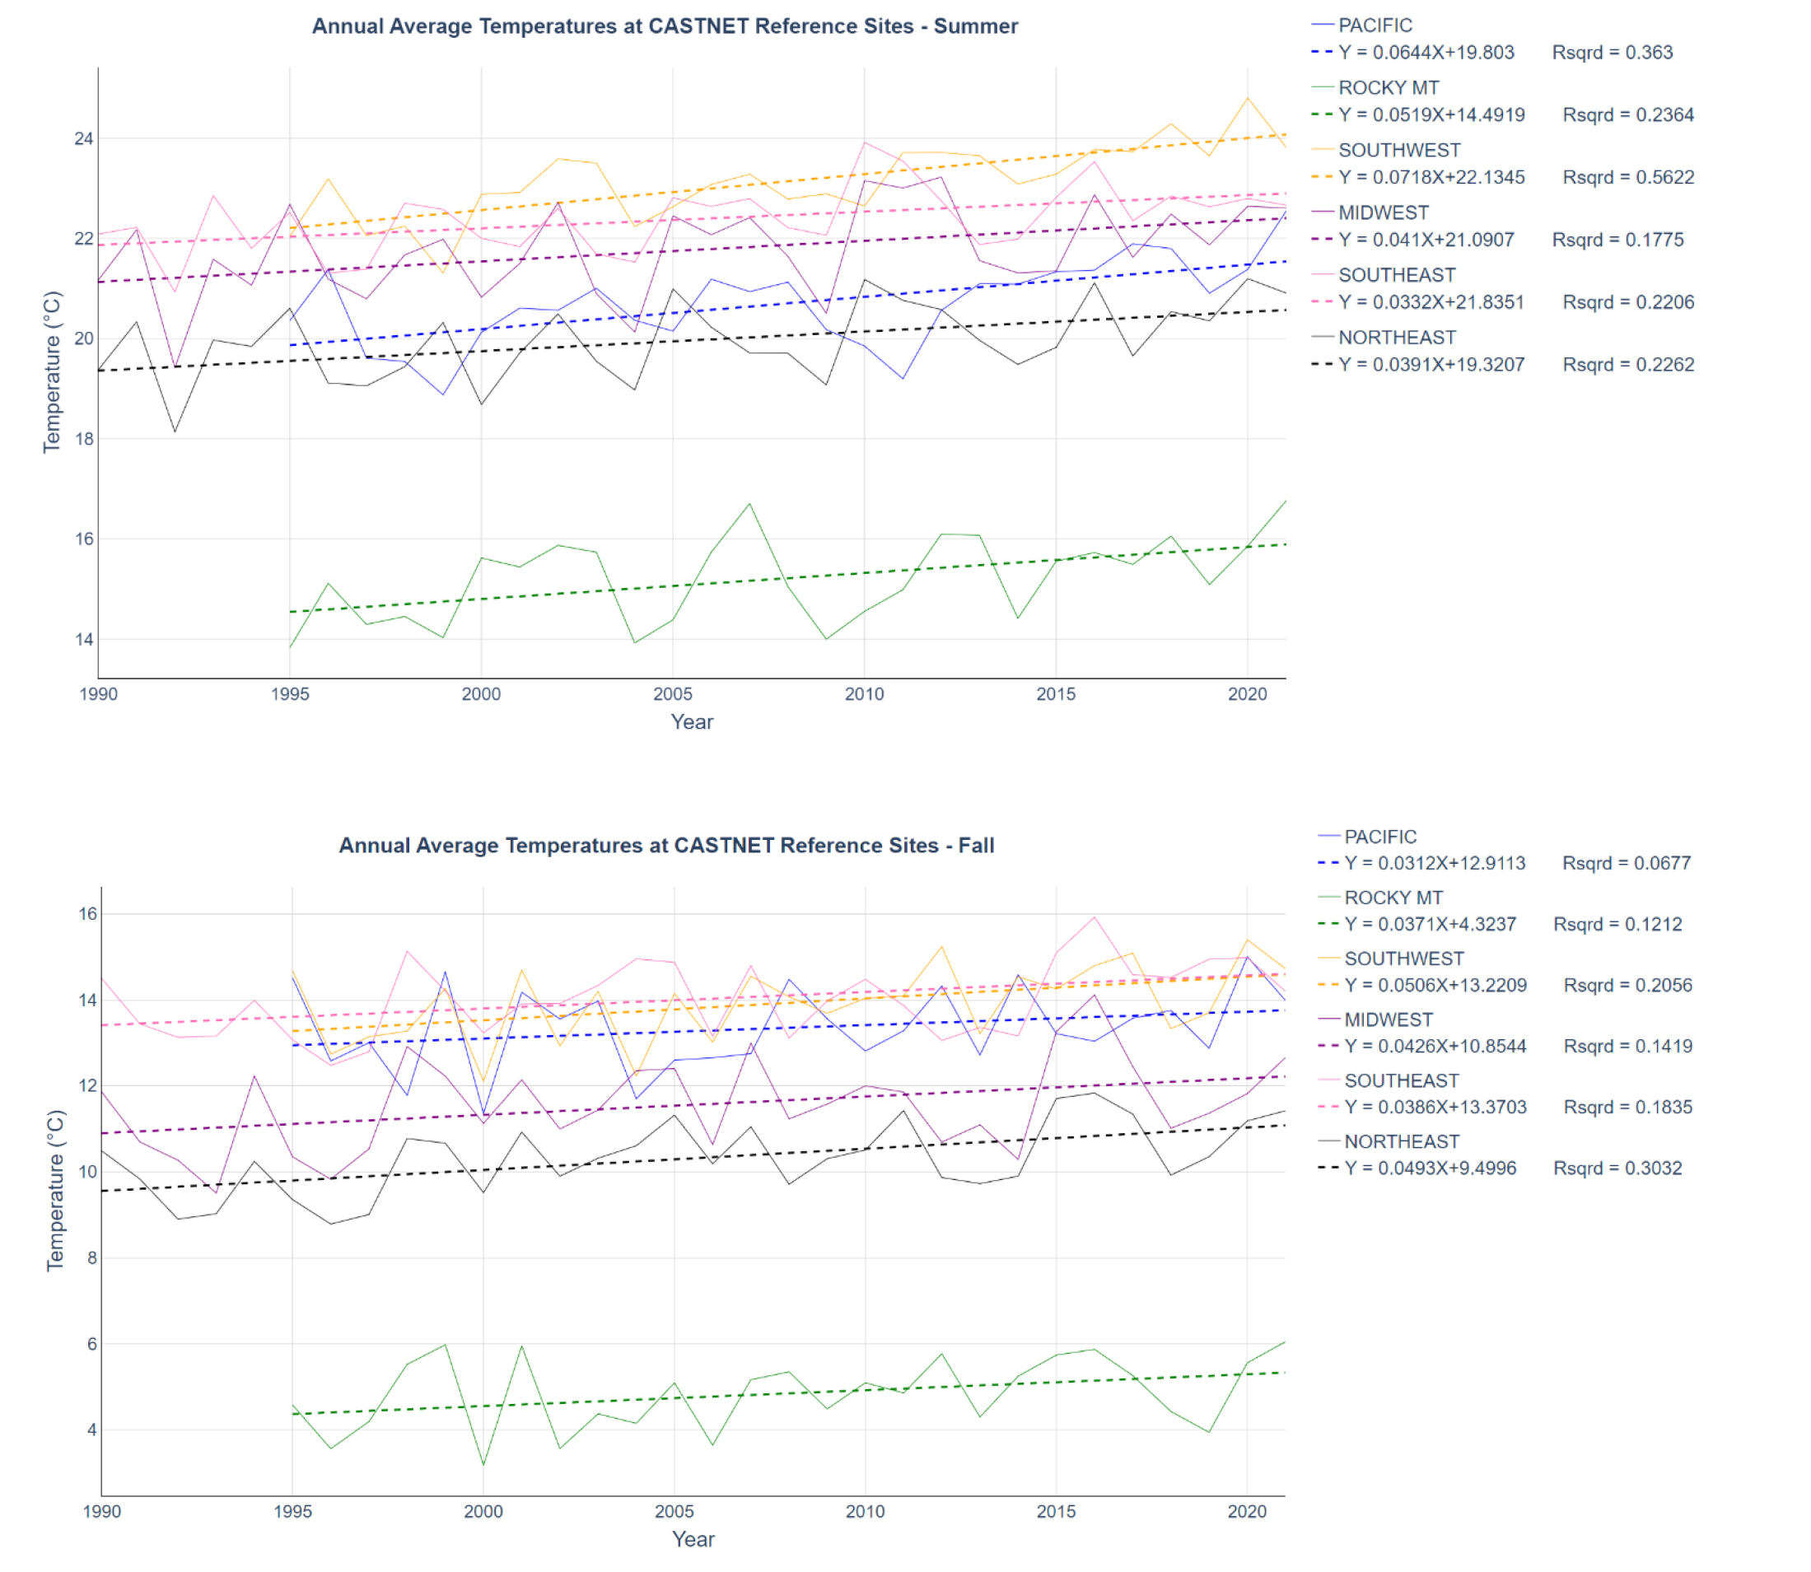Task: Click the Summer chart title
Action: click(x=665, y=26)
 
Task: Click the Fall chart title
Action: click(x=666, y=846)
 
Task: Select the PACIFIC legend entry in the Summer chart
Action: click(x=1374, y=26)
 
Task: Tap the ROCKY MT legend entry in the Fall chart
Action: click(x=1393, y=898)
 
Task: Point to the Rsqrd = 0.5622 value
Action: click(x=1627, y=177)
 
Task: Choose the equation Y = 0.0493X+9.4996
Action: click(x=1430, y=1169)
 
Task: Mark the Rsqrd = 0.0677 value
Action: click(x=1626, y=863)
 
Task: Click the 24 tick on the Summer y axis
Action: click(x=83, y=138)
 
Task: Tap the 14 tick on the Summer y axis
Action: click(x=83, y=640)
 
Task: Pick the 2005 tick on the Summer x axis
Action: click(x=672, y=695)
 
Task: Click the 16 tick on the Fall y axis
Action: click(x=86, y=914)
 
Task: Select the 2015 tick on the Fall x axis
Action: click(x=1056, y=1511)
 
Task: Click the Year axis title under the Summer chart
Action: click(x=692, y=722)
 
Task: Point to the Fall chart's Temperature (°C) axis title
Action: click(x=55, y=1191)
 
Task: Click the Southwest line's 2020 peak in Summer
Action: click(x=1247, y=98)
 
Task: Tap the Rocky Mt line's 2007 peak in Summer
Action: click(x=749, y=505)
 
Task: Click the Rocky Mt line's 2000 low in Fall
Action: click(x=483, y=1464)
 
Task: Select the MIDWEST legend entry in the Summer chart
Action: click(x=1383, y=213)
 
